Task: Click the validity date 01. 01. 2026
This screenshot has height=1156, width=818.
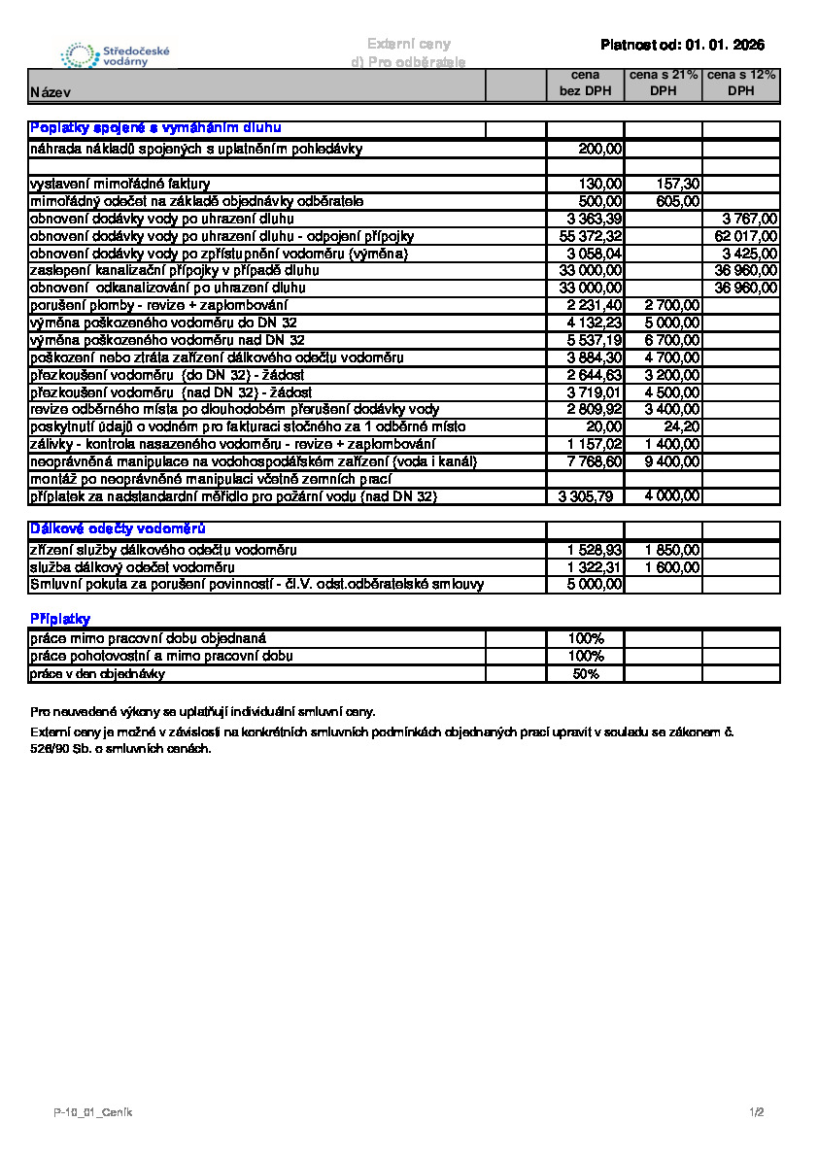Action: coord(725,45)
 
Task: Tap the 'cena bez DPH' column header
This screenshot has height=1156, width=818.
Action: coord(585,84)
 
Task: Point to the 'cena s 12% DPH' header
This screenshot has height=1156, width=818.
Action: coord(741,84)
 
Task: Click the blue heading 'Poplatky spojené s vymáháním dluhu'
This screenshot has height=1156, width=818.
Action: coord(156,128)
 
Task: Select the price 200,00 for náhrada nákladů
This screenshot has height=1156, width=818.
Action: coord(600,149)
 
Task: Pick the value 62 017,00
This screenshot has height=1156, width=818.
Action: coord(746,236)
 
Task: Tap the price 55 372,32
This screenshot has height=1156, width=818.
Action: coord(591,236)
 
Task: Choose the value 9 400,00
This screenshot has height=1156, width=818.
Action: coord(672,461)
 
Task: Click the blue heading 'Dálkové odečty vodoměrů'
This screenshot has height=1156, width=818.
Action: coord(118,529)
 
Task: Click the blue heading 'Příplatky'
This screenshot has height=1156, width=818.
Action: coord(60,619)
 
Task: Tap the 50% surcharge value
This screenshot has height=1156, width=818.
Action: coord(586,674)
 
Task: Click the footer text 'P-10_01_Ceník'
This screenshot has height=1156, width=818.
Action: coord(93,1112)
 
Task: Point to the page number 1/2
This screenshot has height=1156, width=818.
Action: coord(758,1112)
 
